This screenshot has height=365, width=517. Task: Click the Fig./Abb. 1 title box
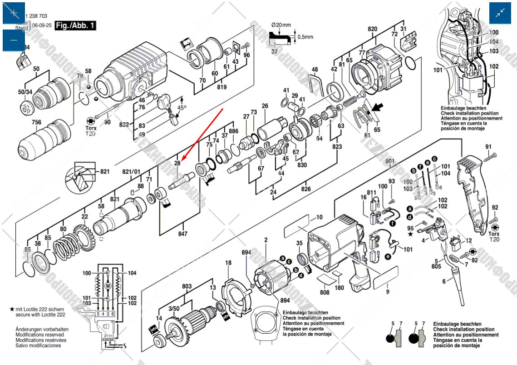coord(75,25)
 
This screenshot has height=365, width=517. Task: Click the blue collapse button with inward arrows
coord(500,13)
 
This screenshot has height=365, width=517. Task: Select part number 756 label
coord(36,122)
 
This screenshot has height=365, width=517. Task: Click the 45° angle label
coord(182,108)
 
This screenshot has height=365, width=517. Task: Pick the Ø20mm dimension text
coord(282,24)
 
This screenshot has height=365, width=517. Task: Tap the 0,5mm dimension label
coord(305,37)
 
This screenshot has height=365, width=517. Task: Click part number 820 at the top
coord(372,29)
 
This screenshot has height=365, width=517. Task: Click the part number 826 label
coord(306,189)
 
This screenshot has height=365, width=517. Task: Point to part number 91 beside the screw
coord(488,146)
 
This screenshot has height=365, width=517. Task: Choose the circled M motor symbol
coord(108,285)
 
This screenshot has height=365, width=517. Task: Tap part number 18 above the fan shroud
coord(228,263)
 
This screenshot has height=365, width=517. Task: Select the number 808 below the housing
coord(324,292)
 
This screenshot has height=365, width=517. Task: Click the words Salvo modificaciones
coord(38,345)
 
